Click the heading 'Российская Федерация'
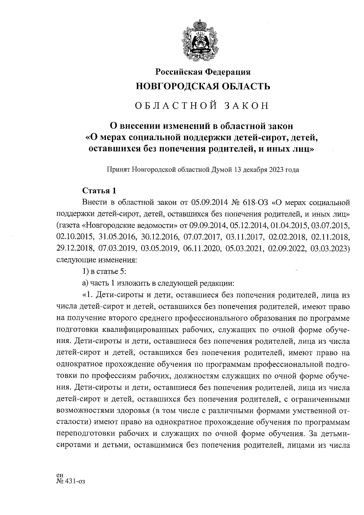[203, 72]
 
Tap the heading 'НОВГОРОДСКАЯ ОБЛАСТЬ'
[203, 86]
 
